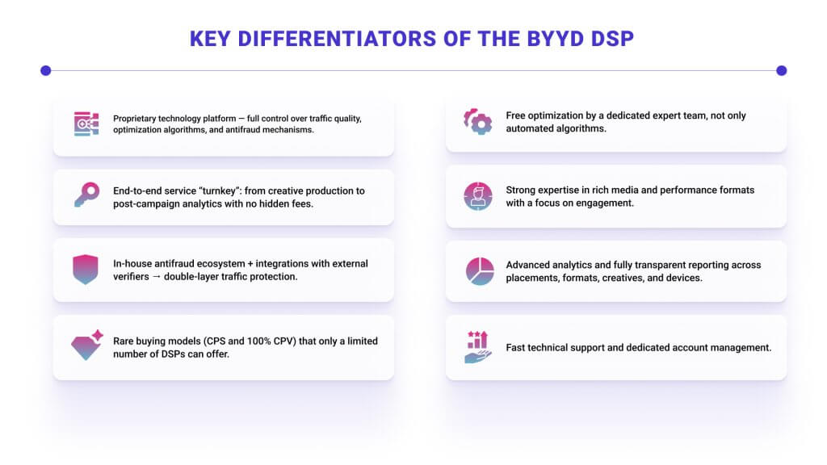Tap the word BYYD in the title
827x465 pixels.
click(557, 38)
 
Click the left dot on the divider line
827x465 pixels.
click(46, 70)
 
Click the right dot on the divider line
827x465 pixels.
click(781, 70)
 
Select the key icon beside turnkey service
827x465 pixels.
click(86, 195)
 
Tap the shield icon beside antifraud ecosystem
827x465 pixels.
click(86, 269)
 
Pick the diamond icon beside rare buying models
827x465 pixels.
click(86, 345)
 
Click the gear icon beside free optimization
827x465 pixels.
click(478, 121)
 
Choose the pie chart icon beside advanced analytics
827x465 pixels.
click(480, 270)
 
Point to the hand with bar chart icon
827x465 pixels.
click(478, 346)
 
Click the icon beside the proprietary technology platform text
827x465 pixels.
click(86, 124)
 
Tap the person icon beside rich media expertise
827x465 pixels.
click(478, 195)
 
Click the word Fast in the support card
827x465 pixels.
click(515, 348)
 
